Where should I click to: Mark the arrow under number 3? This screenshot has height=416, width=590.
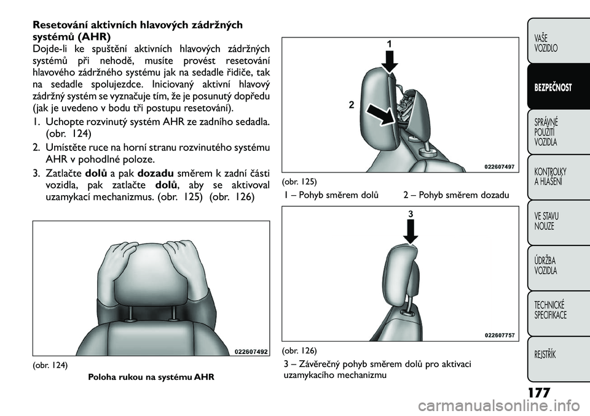pyautogui.click(x=411, y=232)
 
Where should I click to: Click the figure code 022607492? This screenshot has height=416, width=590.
pyautogui.click(x=251, y=352)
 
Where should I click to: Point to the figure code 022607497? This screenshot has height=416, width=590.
pyautogui.click(x=500, y=166)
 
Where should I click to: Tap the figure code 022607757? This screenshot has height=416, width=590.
pyautogui.click(x=500, y=334)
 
